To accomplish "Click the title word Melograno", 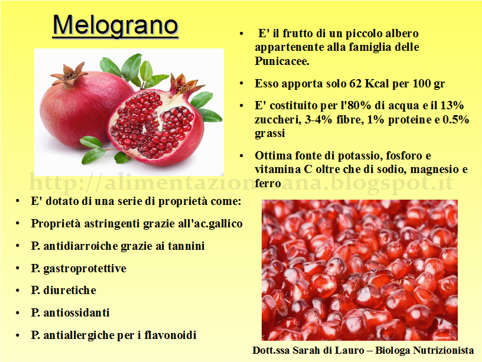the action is coord(115,26).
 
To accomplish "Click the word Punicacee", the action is coord(282,61).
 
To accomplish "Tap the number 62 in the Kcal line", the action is coord(355,83).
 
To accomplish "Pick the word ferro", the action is coord(268,184).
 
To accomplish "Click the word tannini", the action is coord(186,246).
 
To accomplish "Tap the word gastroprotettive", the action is coord(85,269).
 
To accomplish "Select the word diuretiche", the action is coord(70,290).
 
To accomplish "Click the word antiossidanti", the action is coord(77,312).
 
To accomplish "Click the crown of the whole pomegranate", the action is coord(69,74).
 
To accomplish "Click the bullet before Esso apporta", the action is coord(242,83).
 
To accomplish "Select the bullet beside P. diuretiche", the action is coord(18,291).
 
